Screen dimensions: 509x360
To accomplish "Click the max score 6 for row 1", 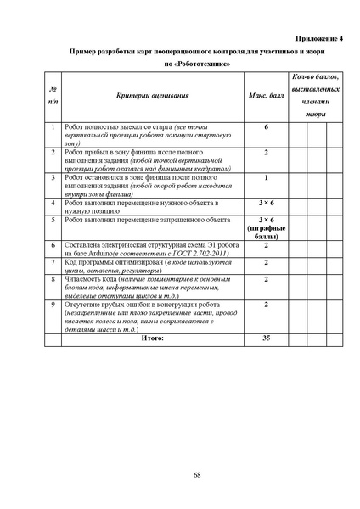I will pyautogui.click(x=266, y=127).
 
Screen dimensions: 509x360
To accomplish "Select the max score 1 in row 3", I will pyautogui.click(x=266, y=178).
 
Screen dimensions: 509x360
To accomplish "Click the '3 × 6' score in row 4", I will pyautogui.click(x=266, y=204).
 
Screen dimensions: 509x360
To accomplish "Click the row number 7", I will pyautogui.click(x=53, y=264).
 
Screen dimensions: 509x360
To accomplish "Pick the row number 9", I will pyautogui.click(x=53, y=303).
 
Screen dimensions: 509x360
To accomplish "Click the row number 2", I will pyautogui.click(x=53, y=152).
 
